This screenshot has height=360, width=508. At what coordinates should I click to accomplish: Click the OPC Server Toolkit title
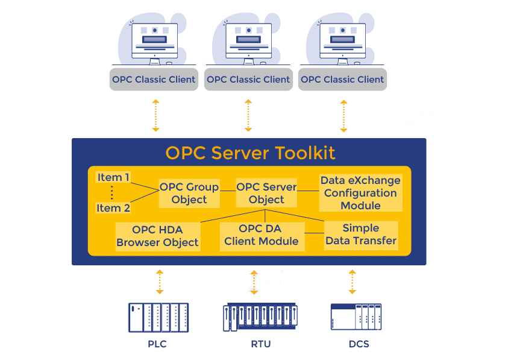(x=250, y=153)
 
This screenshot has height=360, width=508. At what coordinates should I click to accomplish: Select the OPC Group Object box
(x=189, y=193)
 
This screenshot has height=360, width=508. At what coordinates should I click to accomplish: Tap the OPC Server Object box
(x=266, y=193)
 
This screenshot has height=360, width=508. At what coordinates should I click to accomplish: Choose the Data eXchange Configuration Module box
(x=360, y=193)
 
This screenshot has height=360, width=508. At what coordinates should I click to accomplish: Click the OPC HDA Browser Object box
(x=157, y=236)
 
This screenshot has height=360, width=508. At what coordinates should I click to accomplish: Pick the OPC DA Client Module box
(x=262, y=235)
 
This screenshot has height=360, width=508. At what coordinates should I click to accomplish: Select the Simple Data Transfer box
(x=361, y=235)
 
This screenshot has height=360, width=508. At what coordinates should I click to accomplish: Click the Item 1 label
(x=113, y=177)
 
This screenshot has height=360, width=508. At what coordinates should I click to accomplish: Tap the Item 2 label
(x=113, y=208)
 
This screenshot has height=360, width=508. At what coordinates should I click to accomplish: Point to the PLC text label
(x=157, y=344)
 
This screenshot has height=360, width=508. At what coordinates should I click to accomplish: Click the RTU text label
(x=261, y=344)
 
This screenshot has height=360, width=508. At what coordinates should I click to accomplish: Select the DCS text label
(x=359, y=344)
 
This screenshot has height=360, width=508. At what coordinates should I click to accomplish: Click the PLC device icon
(x=158, y=317)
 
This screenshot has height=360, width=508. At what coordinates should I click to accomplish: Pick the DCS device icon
(x=356, y=317)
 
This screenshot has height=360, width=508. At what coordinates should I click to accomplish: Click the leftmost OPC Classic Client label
(x=154, y=80)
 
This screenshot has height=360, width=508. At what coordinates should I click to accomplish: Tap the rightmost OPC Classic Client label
(x=342, y=80)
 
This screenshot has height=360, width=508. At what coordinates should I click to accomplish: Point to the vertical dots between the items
(x=112, y=192)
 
